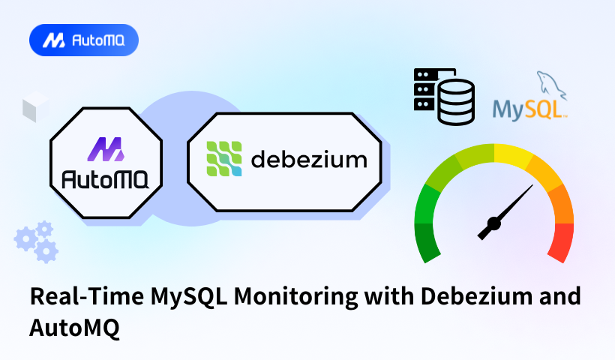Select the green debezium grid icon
[x=225, y=159]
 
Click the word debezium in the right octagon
[x=308, y=160]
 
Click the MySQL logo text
[x=527, y=109]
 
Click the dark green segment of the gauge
[x=428, y=242]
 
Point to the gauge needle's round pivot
[x=494, y=223]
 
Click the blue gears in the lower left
[x=37, y=241]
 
